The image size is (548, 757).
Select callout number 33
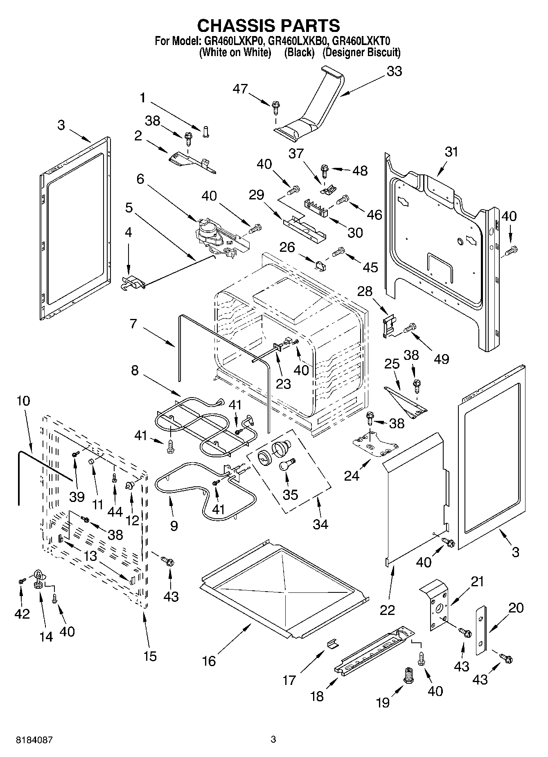[x=394, y=71]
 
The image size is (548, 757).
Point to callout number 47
[x=240, y=88]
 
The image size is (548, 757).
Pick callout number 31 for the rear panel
[x=451, y=152]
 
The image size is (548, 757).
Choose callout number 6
[x=140, y=179]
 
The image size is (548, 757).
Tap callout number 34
[x=320, y=524]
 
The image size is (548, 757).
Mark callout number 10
[x=23, y=400]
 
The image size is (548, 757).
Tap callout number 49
[x=441, y=359]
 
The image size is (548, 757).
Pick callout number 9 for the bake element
[x=174, y=526]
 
